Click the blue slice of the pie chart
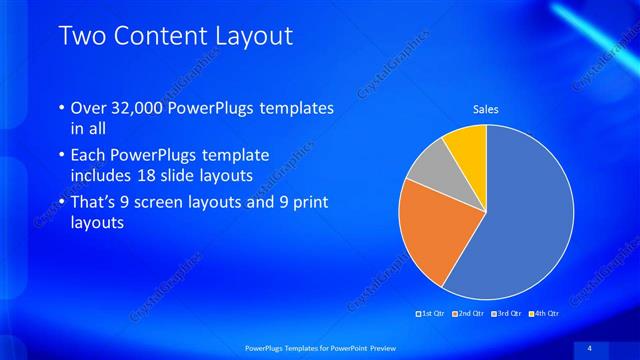pos(525,220)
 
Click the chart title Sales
pos(486,109)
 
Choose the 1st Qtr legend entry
pos(432,314)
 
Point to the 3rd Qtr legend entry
pos(507,314)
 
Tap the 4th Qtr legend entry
pos(544,314)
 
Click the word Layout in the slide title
pos(255,37)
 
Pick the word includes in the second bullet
pos(104,176)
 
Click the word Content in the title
pos(159,37)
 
